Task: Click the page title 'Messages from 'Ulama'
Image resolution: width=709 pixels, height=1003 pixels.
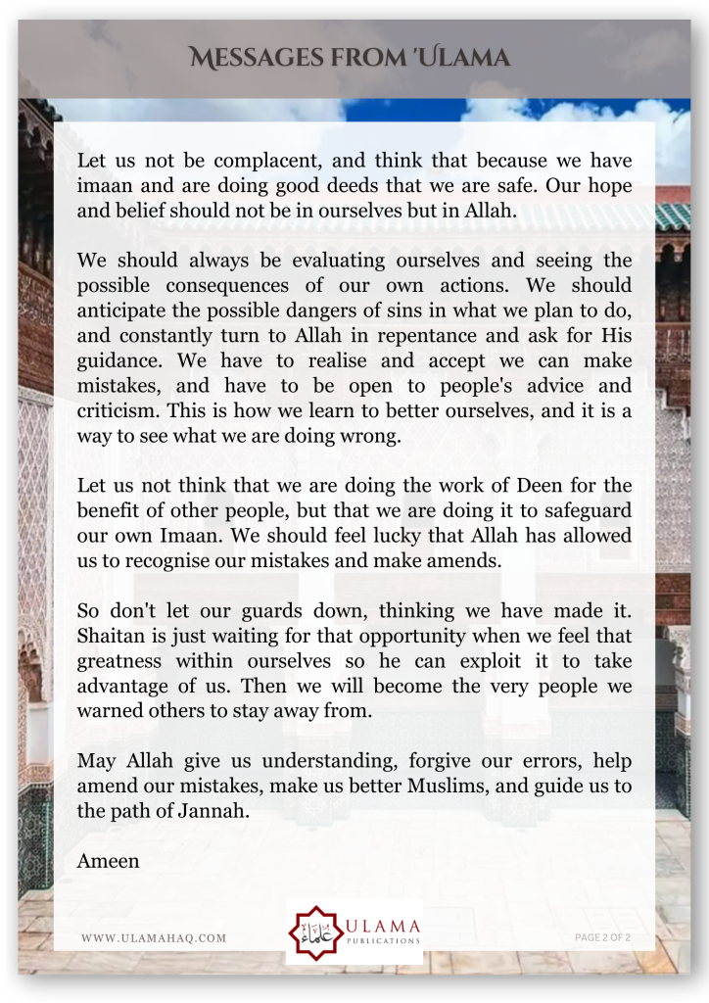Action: (351, 58)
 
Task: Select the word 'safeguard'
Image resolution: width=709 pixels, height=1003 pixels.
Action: (583, 511)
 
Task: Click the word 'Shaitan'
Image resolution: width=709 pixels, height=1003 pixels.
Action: (110, 637)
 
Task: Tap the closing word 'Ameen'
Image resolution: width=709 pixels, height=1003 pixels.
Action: (108, 862)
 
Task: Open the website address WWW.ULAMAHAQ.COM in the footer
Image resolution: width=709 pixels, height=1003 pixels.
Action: (154, 938)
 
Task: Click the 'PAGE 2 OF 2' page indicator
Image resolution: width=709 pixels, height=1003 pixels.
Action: (602, 938)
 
